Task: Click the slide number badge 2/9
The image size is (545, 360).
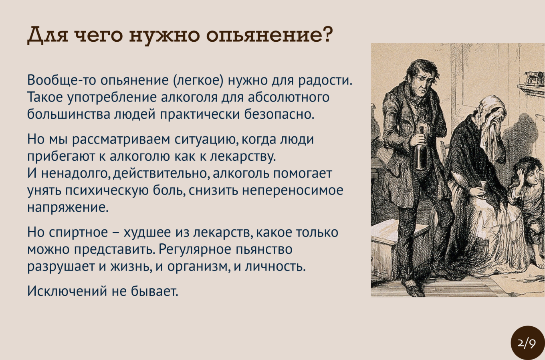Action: coord(527,343)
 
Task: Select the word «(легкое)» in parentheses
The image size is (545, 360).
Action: coord(198,80)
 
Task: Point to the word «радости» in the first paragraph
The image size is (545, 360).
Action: coord(325,80)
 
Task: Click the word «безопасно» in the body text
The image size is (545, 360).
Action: coord(279,114)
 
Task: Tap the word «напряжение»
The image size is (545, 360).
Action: coord(68,208)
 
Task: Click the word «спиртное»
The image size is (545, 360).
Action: coord(78,233)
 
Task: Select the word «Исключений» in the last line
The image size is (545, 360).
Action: coord(67,291)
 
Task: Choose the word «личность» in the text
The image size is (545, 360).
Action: coord(275,266)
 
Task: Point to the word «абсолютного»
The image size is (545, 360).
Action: coord(289,97)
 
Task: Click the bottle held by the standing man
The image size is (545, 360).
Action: coord(420,148)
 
